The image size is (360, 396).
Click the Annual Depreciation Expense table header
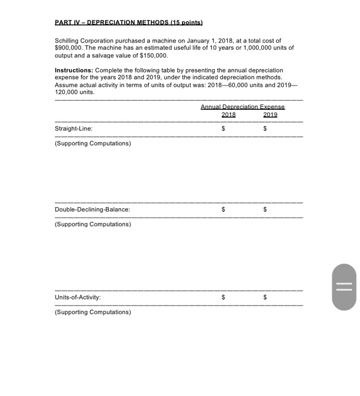tap(242, 107)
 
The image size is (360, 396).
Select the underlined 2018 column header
tap(228, 114)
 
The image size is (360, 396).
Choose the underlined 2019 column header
tap(270, 114)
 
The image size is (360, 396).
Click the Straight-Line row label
tap(73, 129)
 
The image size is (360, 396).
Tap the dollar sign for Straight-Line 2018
tap(223, 129)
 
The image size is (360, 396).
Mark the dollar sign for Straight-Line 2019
tap(265, 129)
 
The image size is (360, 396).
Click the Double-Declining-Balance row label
tap(92, 210)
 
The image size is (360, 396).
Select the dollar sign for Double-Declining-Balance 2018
tap(223, 210)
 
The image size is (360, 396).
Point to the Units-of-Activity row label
tap(78, 297)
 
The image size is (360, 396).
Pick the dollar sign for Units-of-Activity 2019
tap(265, 297)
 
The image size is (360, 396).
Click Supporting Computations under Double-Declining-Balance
tap(93, 225)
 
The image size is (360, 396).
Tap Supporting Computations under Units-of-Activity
tap(93, 312)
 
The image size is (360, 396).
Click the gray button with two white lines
tap(344, 287)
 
